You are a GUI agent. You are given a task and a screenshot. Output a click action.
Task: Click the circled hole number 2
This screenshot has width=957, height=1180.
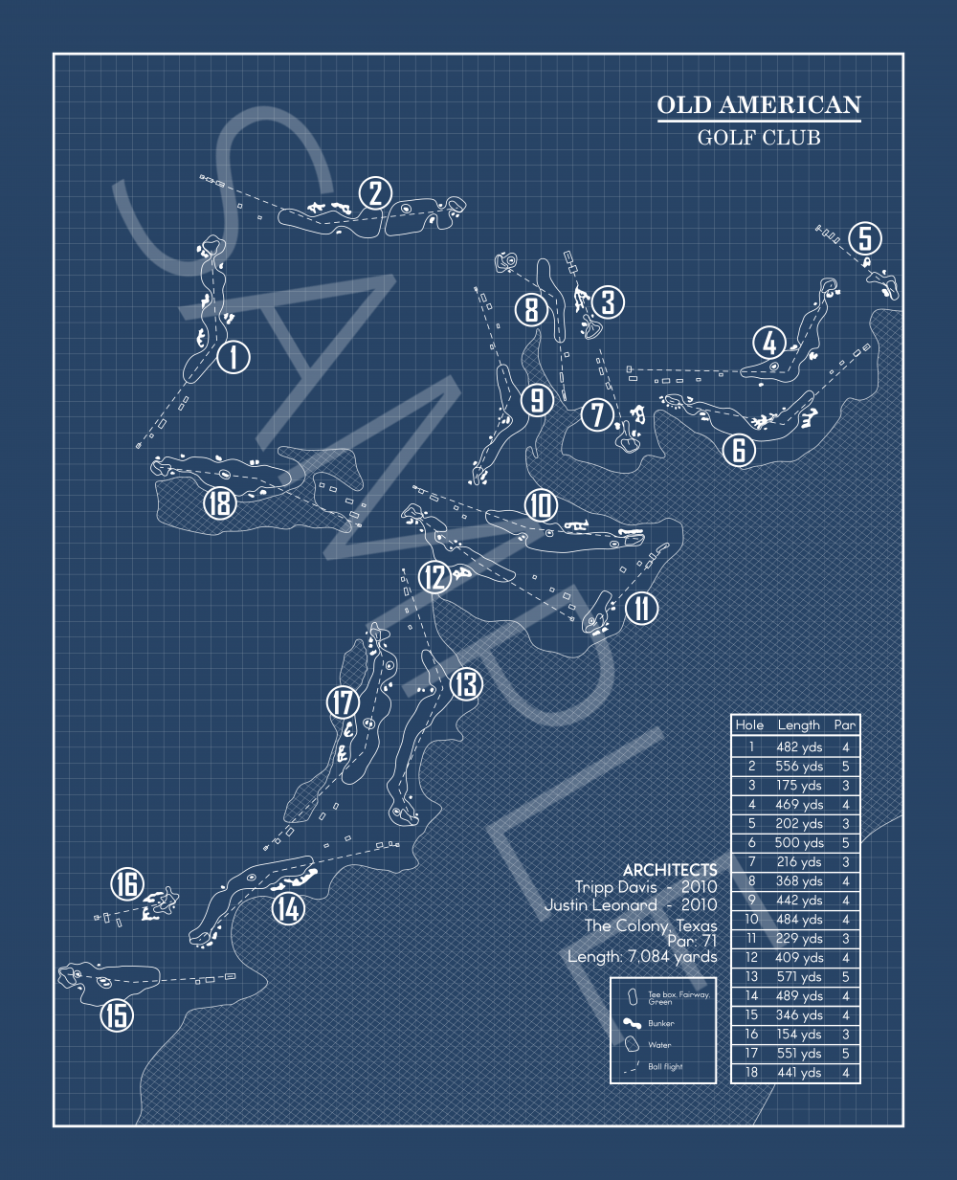click(375, 193)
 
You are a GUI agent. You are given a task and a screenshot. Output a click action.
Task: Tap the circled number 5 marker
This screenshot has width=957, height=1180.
click(865, 237)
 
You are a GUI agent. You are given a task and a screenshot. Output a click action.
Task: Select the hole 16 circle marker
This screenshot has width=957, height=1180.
click(127, 883)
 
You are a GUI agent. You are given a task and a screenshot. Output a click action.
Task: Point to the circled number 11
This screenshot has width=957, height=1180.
click(641, 609)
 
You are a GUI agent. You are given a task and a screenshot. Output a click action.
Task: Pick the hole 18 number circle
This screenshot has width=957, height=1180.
click(220, 503)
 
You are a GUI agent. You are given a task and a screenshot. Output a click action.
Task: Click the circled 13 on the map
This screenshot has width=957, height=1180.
click(466, 683)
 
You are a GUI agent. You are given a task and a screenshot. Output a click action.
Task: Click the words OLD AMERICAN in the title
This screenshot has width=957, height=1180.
click(759, 104)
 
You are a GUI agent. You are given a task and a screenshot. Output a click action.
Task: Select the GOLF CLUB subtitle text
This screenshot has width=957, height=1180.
click(759, 138)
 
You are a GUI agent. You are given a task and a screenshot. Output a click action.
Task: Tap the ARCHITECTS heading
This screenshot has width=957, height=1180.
click(670, 870)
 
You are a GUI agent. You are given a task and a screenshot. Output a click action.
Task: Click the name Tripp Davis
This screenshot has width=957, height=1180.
click(616, 887)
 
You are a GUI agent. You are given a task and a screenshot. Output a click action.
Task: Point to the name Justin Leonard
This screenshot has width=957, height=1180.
click(601, 905)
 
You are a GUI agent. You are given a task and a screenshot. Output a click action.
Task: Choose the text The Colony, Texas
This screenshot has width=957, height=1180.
click(651, 925)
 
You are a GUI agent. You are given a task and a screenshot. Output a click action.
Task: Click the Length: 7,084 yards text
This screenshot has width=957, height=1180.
click(642, 957)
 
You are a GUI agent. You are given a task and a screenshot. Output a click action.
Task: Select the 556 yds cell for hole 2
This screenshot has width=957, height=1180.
click(799, 767)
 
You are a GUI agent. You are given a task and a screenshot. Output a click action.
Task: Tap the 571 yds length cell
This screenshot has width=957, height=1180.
click(799, 977)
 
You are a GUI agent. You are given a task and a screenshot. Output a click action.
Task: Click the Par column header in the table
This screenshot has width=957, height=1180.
click(845, 725)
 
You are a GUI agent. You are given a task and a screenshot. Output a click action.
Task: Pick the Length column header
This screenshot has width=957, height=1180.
click(798, 725)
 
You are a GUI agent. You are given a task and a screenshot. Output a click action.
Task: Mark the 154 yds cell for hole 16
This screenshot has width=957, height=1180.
click(799, 1035)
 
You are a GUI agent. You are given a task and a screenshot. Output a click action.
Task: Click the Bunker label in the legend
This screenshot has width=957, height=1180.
click(660, 1024)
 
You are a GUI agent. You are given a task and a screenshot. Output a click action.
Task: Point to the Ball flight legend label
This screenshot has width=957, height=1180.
click(665, 1067)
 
